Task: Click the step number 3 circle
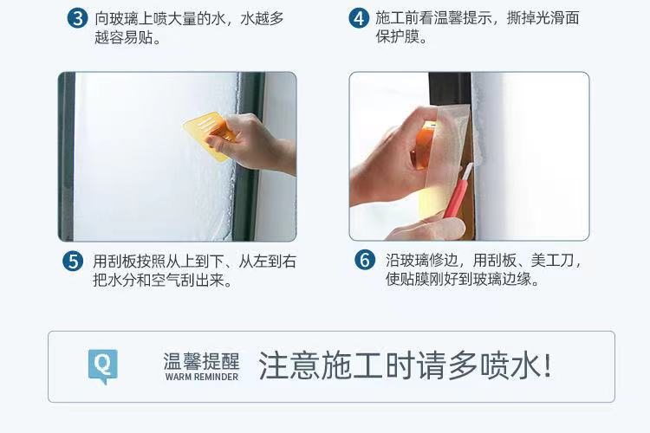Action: pyautogui.click(x=77, y=18)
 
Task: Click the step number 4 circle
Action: pyautogui.click(x=359, y=18)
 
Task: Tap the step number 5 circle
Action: pyautogui.click(x=73, y=262)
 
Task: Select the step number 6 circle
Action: pyautogui.click(x=365, y=260)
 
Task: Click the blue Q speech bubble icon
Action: pyautogui.click(x=103, y=366)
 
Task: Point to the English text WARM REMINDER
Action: pyautogui.click(x=202, y=377)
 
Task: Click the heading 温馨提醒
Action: pyautogui.click(x=201, y=361)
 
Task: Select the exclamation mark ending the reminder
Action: pyautogui.click(x=548, y=365)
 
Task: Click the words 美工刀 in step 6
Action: pyautogui.click(x=552, y=260)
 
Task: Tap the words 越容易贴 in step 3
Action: pyautogui.click(x=124, y=37)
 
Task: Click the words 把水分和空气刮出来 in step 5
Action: pyautogui.click(x=159, y=281)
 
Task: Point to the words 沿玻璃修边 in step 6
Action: pyautogui.click(x=422, y=260)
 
